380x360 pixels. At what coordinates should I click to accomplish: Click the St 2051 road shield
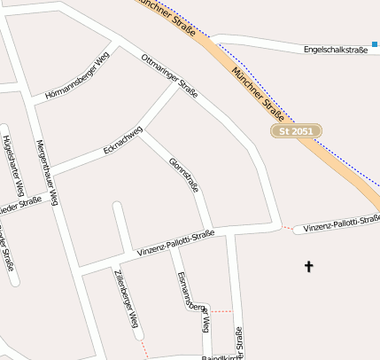click(296, 131)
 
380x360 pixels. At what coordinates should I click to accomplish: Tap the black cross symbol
click(309, 265)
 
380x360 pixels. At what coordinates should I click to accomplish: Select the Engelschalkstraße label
click(335, 50)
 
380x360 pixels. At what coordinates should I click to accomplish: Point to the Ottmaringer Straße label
click(170, 75)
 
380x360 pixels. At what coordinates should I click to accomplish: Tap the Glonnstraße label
click(183, 176)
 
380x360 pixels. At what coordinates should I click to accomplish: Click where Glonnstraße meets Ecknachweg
click(140, 131)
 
